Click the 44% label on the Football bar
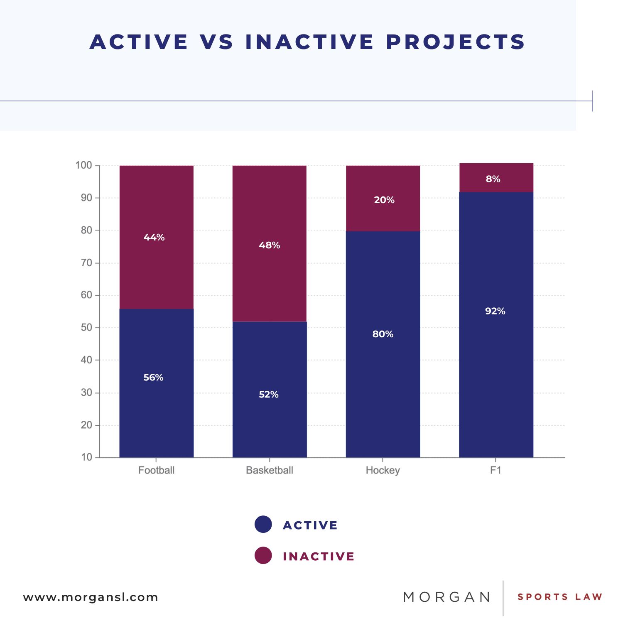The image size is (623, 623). click(154, 237)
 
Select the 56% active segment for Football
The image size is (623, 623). click(157, 383)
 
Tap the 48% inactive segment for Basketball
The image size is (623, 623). click(270, 243)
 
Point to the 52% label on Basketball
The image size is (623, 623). click(269, 394)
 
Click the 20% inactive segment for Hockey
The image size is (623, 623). click(383, 198)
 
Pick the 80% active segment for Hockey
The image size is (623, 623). click(383, 344)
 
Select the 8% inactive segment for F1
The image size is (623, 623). click(496, 178)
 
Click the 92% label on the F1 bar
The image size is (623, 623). click(495, 311)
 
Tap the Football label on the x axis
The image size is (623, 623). click(156, 470)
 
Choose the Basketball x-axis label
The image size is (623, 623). click(270, 470)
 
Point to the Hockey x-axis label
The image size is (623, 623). click(383, 471)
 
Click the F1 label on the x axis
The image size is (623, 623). click(496, 470)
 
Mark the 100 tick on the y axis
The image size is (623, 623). click(83, 165)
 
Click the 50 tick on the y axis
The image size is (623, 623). click(86, 327)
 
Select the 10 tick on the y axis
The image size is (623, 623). click(86, 457)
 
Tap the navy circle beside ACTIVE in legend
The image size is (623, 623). click(263, 524)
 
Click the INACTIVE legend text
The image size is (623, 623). click(319, 557)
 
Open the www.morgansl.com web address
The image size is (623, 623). click(91, 597)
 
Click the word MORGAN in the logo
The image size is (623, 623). click(447, 597)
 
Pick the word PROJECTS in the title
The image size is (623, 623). click(456, 42)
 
